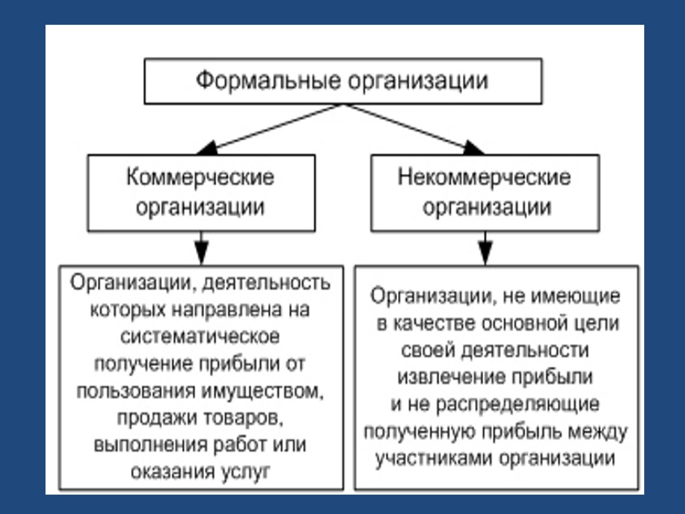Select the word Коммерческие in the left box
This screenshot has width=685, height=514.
pyautogui.click(x=201, y=177)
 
